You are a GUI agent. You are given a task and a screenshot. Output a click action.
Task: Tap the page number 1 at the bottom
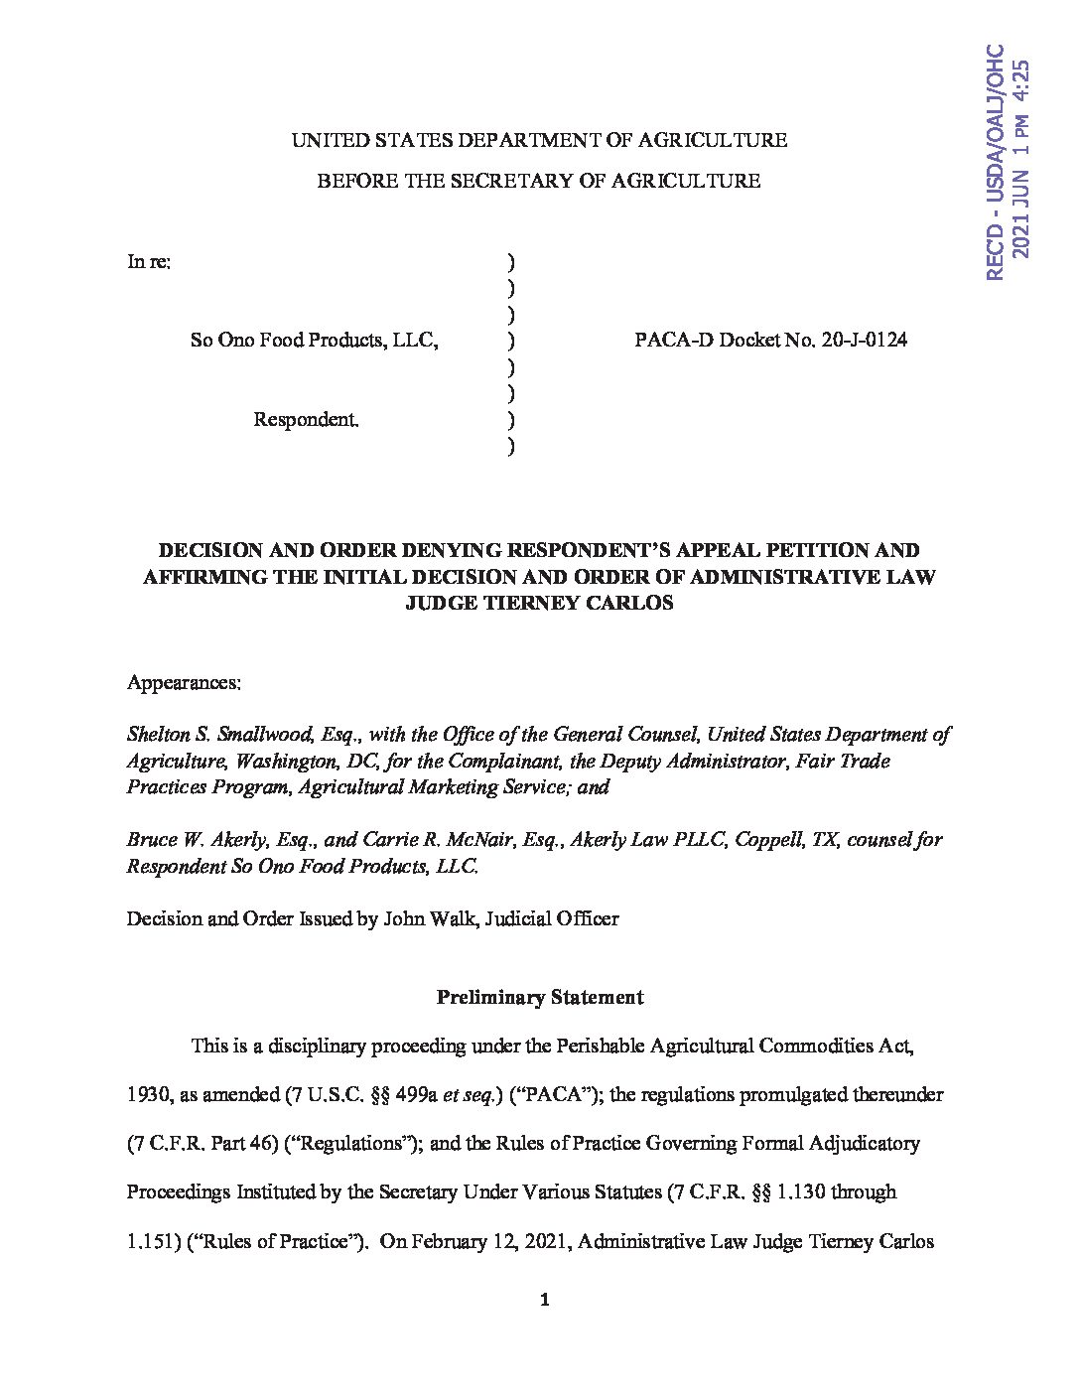[543, 1300]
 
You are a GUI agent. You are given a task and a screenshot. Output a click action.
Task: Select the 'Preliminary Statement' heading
[540, 998]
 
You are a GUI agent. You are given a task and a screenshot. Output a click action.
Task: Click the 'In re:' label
[149, 262]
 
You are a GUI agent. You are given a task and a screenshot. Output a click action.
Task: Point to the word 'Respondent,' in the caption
[306, 419]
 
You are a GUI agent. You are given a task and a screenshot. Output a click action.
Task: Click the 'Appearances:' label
[184, 683]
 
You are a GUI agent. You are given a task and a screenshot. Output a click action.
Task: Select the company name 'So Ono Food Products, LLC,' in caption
[315, 341]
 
